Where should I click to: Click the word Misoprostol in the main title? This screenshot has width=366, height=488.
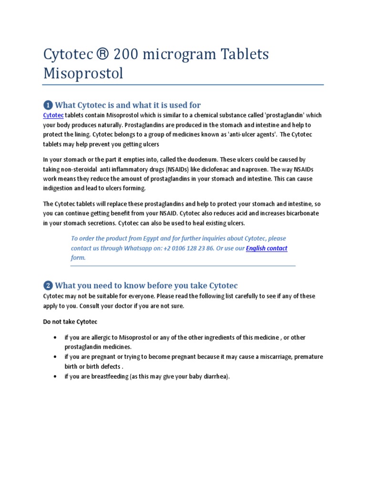[83, 73]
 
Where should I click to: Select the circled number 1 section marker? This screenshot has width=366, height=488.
[48, 105]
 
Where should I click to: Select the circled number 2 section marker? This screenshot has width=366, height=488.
[48, 286]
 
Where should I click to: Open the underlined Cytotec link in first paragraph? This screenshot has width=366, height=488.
[53, 115]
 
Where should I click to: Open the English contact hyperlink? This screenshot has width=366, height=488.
[266, 248]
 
